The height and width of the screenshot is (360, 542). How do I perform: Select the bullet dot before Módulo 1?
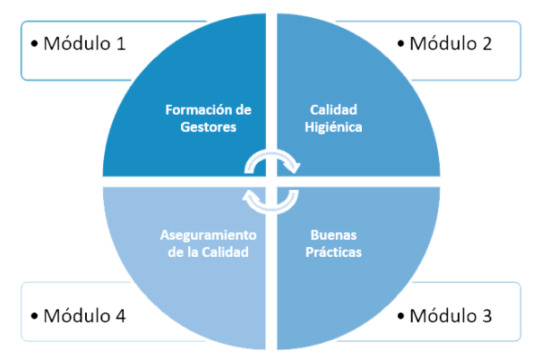34,43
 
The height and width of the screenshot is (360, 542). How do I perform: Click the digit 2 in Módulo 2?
486,43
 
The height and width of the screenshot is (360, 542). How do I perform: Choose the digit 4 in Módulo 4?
119,316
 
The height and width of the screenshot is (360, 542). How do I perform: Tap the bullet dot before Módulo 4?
34,316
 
